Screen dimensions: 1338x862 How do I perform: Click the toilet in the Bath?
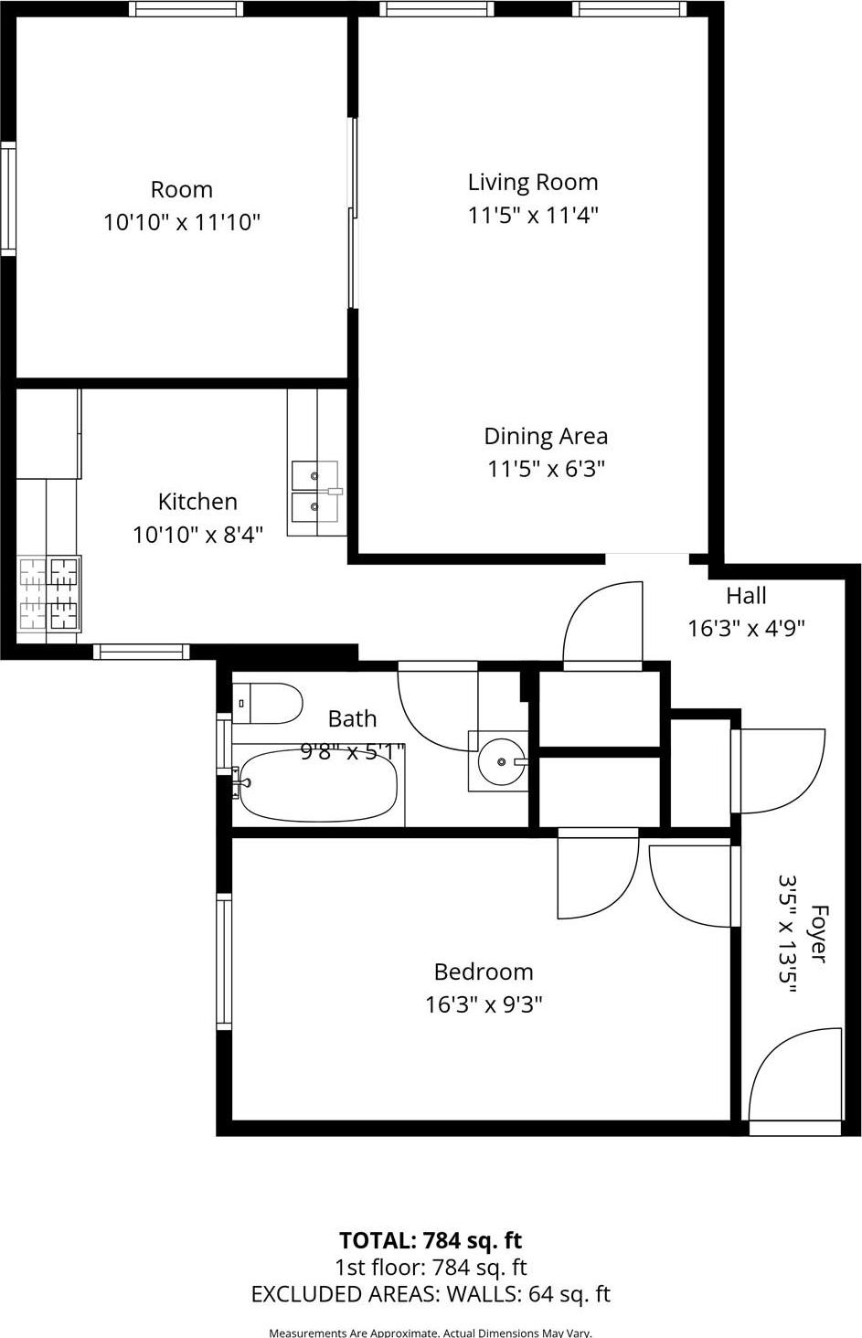point(270,704)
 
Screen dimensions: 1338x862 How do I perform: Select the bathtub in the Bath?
point(317,786)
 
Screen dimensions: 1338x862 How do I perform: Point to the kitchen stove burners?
point(49,594)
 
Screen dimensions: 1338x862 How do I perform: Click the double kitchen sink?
point(314,491)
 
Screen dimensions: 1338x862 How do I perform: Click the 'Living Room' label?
point(533,182)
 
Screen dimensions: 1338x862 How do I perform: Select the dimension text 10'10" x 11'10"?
point(182,222)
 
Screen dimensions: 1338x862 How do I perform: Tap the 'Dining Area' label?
point(546,436)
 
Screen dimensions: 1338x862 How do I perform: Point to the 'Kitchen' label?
point(197,501)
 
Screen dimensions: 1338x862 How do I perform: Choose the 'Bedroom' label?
point(483,972)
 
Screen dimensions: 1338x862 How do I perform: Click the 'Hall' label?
point(746,596)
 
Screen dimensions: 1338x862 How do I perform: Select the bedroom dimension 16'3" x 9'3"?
point(484,1004)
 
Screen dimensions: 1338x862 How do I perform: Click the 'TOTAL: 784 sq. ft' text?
point(431,1240)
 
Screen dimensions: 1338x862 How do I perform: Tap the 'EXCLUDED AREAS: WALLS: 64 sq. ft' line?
point(431,1294)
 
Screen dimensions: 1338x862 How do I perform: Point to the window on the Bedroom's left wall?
point(223,962)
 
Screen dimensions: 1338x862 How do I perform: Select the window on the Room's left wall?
point(7,198)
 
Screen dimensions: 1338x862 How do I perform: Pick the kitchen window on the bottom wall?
point(141,652)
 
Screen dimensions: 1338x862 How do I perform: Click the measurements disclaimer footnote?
point(431,1333)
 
